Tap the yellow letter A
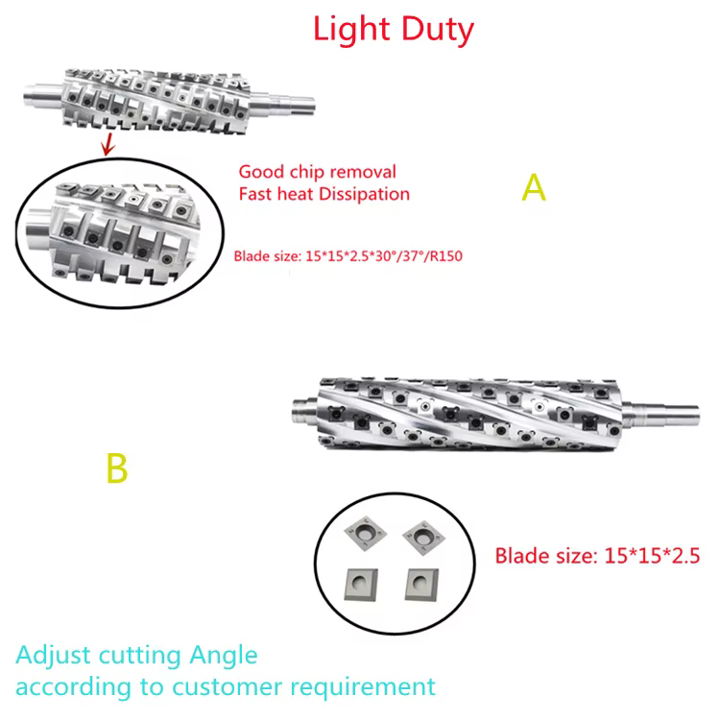(534, 187)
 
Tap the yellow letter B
(116, 469)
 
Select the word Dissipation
(362, 194)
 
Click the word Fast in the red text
(256, 194)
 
